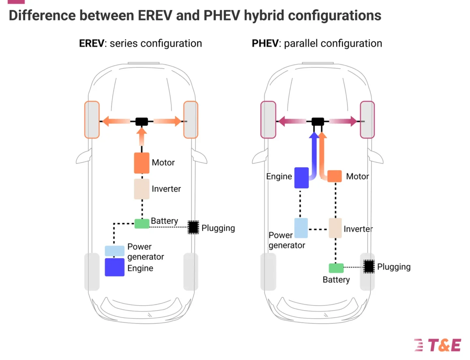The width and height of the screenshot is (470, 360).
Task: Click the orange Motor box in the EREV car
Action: click(142, 163)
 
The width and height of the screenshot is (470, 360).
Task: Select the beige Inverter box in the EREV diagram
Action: click(142, 189)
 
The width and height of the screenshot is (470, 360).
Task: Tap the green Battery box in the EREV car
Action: click(142, 224)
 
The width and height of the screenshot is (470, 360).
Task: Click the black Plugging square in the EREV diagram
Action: click(194, 228)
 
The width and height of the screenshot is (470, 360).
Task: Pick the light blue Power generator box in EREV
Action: click(115, 251)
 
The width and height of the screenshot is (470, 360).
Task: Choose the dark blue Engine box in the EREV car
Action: click(115, 267)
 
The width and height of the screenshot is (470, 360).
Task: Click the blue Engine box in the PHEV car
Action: click(301, 178)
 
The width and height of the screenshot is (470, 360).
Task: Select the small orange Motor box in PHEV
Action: click(335, 176)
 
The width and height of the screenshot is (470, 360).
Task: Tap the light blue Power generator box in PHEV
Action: click(301, 228)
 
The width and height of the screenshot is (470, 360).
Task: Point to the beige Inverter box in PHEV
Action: click(335, 228)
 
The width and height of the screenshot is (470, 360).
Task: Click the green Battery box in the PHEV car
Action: click(336, 268)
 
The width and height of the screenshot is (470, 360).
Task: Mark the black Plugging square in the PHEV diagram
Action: click(369, 266)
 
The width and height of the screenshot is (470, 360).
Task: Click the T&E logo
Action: click(438, 345)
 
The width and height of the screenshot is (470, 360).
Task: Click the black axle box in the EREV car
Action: click(141, 121)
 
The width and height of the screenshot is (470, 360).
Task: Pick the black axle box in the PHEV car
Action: click(318, 121)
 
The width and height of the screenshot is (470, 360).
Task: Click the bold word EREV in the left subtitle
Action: click(92, 43)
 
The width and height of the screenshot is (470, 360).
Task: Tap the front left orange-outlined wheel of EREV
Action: click(92, 120)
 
